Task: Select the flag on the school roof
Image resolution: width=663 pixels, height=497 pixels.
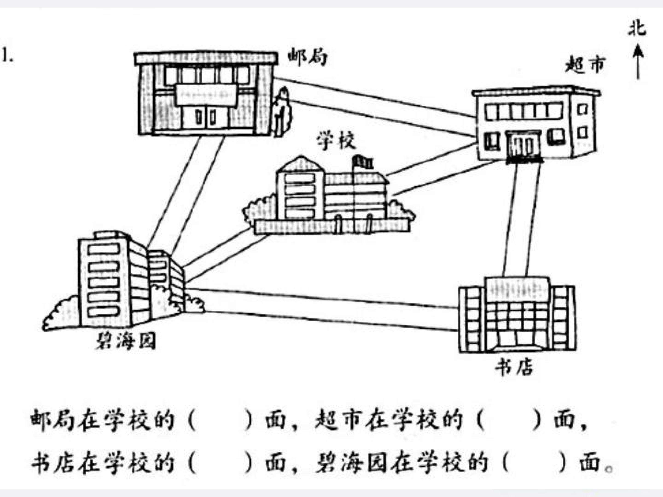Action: coord(362,162)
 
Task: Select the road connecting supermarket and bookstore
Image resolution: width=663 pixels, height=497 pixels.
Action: coord(521,220)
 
